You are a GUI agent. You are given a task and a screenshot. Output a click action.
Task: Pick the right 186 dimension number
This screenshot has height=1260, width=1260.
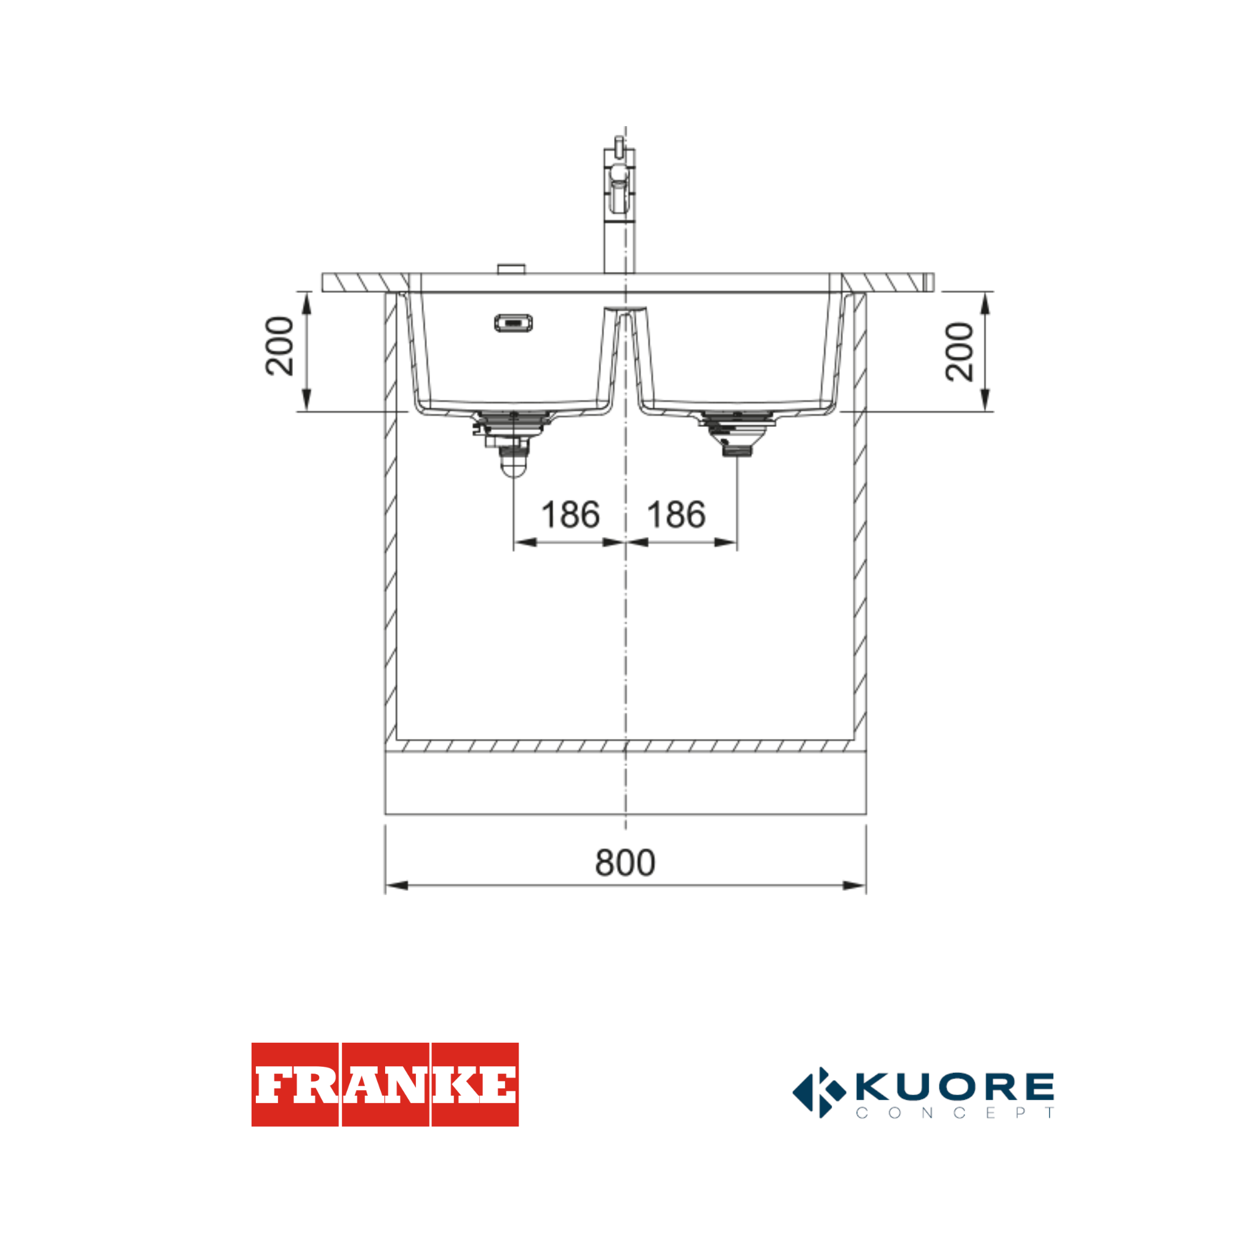point(676,514)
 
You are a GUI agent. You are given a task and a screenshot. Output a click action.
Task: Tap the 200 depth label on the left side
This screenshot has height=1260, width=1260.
point(280,346)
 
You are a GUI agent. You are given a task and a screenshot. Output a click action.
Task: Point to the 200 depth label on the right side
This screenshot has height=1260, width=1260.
point(959,351)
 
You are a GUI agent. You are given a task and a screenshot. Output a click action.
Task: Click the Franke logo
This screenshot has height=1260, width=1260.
point(385,1084)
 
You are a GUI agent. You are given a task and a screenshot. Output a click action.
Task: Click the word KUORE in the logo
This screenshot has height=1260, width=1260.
point(954,1086)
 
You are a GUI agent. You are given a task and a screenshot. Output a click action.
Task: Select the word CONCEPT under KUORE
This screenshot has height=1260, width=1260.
point(955,1113)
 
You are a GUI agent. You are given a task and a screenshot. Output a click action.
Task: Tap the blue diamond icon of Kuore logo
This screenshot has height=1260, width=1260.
point(819,1093)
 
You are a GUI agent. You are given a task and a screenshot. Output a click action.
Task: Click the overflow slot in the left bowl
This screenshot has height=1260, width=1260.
point(514,322)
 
